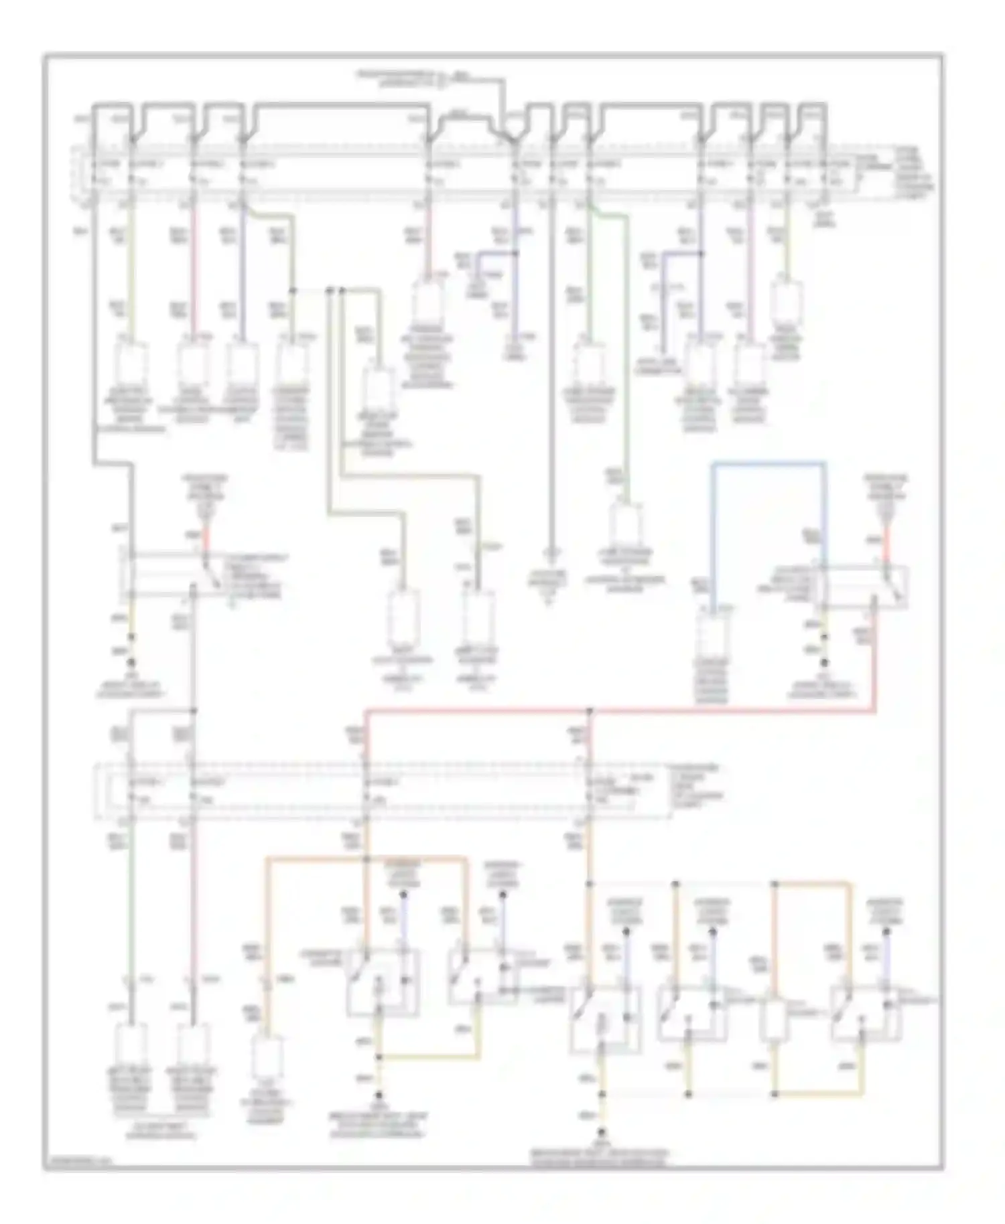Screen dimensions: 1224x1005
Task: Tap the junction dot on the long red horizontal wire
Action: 590,711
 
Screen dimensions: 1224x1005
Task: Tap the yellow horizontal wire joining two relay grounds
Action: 817,1094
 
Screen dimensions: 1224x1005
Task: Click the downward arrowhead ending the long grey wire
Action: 551,553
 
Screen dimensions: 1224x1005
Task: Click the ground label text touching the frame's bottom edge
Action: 601,1159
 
